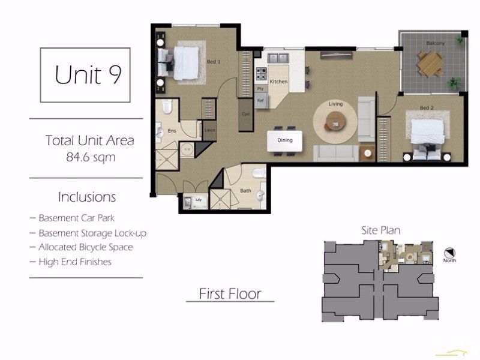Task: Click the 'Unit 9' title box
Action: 85,74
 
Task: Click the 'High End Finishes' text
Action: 74,262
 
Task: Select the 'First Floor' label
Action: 230,294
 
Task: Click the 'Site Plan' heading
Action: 380,230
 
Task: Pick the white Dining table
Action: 284,140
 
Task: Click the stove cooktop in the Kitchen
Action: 262,74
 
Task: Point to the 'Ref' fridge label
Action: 261,101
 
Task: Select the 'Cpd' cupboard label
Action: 245,113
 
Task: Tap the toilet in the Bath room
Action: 259,174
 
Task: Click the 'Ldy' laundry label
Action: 198,199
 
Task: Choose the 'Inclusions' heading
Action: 87,197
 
